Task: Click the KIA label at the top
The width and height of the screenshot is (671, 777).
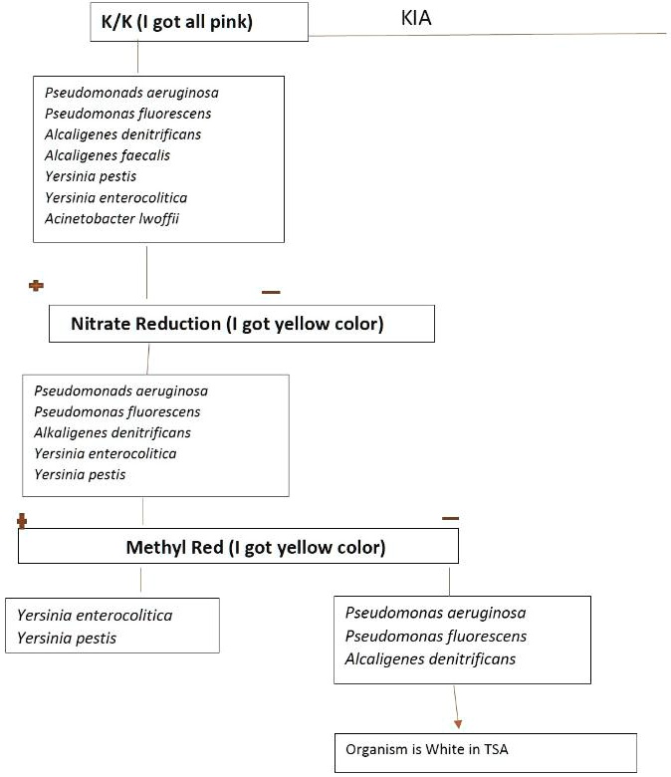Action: click(415, 19)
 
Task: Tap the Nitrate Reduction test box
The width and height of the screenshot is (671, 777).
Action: click(241, 324)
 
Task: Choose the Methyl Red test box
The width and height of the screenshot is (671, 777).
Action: click(238, 547)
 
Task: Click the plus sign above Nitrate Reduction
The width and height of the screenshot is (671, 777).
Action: click(37, 286)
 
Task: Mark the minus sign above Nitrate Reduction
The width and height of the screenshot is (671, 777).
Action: click(271, 292)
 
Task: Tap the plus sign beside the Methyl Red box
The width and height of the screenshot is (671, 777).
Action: click(21, 520)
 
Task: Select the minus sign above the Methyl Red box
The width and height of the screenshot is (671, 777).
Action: click(450, 518)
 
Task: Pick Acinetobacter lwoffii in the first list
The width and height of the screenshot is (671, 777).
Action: click(112, 218)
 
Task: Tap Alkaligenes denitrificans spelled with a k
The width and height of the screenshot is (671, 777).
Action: click(112, 432)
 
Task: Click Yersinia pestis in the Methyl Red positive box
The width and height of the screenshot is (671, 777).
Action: click(67, 638)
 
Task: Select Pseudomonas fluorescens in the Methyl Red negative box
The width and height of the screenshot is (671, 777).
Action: click(436, 636)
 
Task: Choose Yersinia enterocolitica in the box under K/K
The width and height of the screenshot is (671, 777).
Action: click(115, 197)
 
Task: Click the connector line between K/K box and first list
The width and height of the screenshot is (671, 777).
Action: click(138, 58)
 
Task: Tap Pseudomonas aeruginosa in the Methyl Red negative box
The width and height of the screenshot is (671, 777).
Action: click(435, 613)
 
